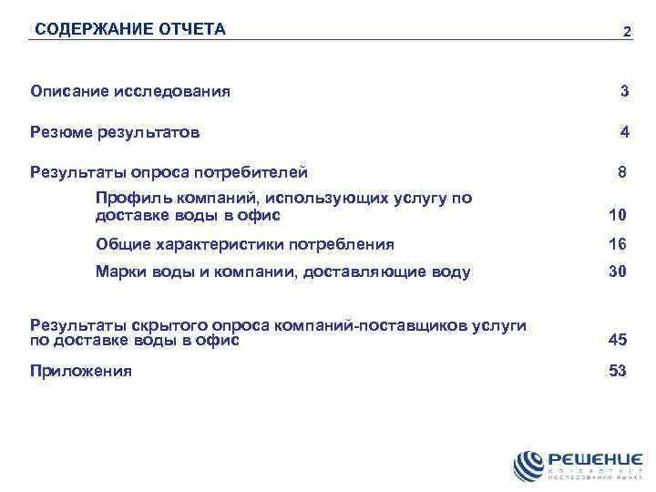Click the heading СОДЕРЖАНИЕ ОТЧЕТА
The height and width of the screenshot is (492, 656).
(x=129, y=29)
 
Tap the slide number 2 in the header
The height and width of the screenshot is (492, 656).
(x=626, y=32)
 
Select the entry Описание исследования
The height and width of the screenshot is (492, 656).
(x=130, y=91)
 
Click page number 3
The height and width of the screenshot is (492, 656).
(x=624, y=91)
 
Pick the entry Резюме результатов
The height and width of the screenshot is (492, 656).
(x=115, y=132)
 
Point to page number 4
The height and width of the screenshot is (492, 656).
(x=624, y=132)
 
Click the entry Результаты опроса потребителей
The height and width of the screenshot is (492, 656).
(x=169, y=172)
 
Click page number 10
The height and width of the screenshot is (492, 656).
(x=618, y=216)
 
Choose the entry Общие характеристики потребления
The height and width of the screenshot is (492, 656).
(x=245, y=244)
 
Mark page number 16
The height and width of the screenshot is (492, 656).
(x=618, y=244)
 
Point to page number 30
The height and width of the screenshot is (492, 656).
(x=618, y=272)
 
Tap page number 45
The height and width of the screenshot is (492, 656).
(x=618, y=341)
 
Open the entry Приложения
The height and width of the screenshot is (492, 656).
(x=80, y=371)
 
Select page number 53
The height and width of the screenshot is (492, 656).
(x=618, y=371)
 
